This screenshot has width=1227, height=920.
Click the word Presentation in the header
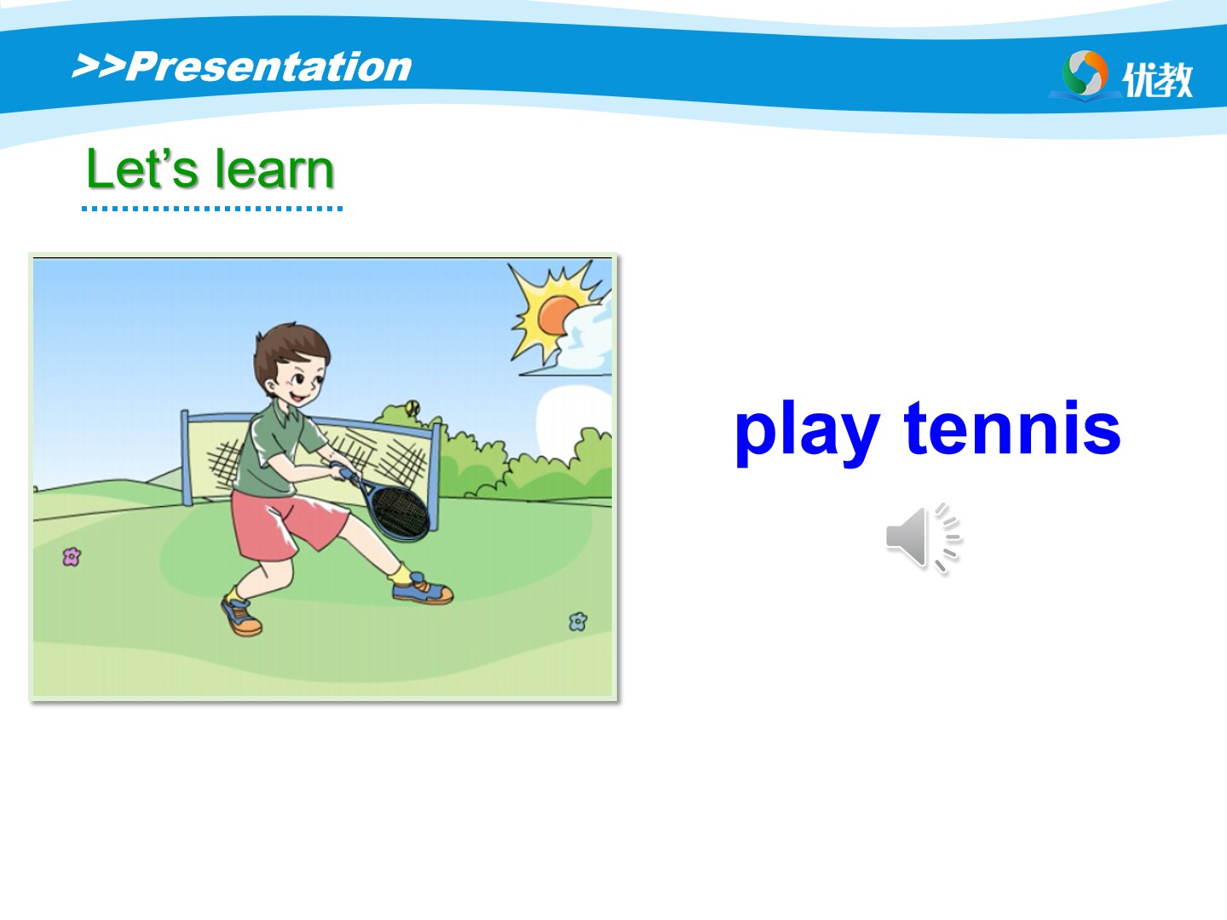click(x=269, y=67)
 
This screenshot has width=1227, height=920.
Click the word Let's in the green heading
click(x=142, y=169)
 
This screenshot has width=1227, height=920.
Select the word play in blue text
click(x=807, y=433)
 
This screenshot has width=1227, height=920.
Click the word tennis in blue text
click(x=1012, y=427)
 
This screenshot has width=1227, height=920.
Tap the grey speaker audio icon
click(x=923, y=538)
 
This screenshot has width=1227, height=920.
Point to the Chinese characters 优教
click(x=1157, y=80)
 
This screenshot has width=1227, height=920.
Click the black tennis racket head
click(x=400, y=512)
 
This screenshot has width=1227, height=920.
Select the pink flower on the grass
click(x=72, y=556)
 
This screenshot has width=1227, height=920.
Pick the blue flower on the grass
click(x=578, y=621)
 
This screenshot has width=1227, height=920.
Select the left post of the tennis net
click(x=186, y=458)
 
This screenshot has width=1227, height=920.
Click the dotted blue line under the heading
click(x=212, y=209)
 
